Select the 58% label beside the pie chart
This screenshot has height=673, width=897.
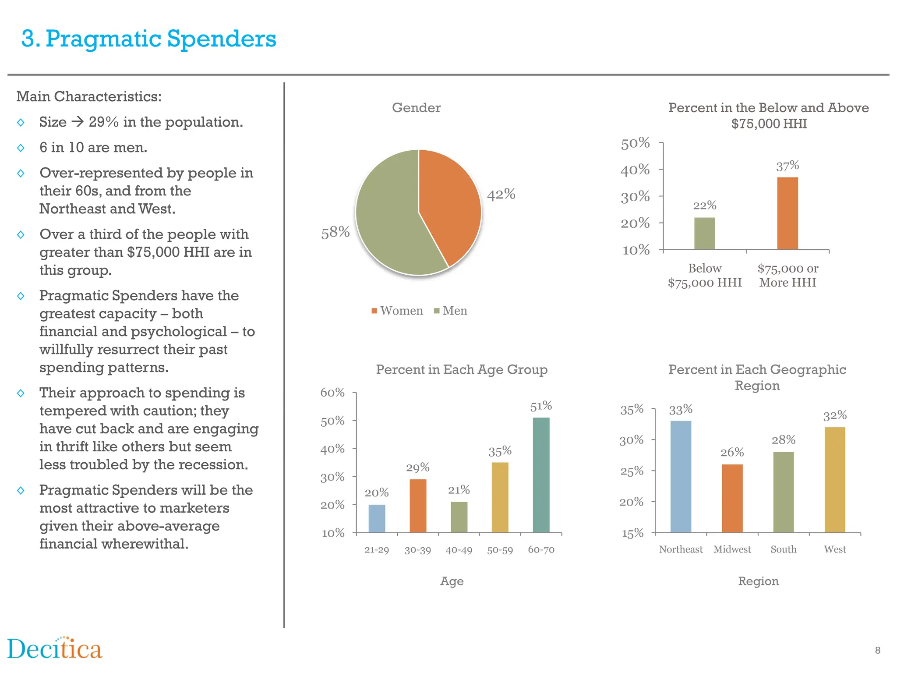click(335, 232)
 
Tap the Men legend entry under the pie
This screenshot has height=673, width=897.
click(451, 311)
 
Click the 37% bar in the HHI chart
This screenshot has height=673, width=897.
click(787, 213)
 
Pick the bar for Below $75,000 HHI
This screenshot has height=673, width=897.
click(704, 233)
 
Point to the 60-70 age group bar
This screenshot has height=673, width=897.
click(541, 475)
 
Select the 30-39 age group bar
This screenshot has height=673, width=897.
click(418, 506)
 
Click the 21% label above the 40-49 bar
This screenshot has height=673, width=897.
click(459, 490)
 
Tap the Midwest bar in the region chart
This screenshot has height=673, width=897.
click(732, 498)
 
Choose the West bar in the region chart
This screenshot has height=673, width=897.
click(834, 480)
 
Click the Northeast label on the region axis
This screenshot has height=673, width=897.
click(680, 549)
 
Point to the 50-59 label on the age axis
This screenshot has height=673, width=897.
click(500, 550)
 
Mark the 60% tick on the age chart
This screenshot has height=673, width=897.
click(332, 393)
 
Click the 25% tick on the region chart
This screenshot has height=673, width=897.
click(632, 471)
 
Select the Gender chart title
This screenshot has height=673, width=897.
click(416, 108)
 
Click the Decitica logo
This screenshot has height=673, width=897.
click(55, 649)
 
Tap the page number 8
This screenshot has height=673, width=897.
click(877, 651)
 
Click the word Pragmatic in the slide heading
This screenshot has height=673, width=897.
click(103, 39)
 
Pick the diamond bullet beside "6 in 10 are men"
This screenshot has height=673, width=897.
click(21, 148)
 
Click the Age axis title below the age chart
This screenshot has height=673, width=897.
click(452, 581)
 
